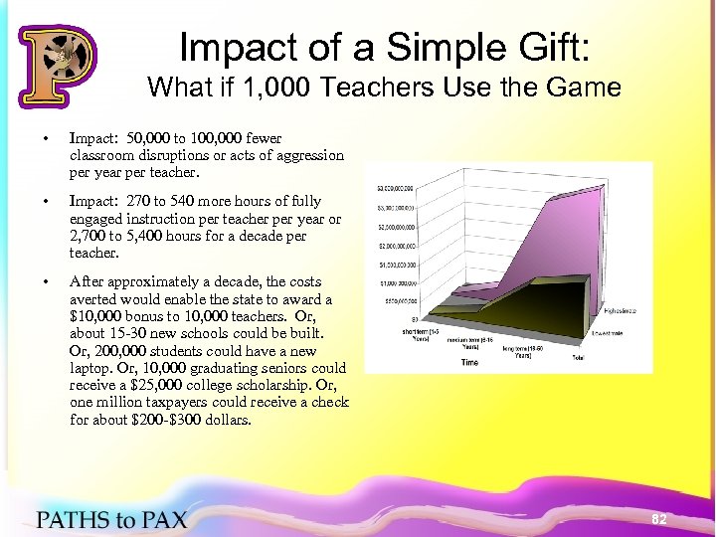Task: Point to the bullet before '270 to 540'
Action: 35,200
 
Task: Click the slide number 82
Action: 657,519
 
